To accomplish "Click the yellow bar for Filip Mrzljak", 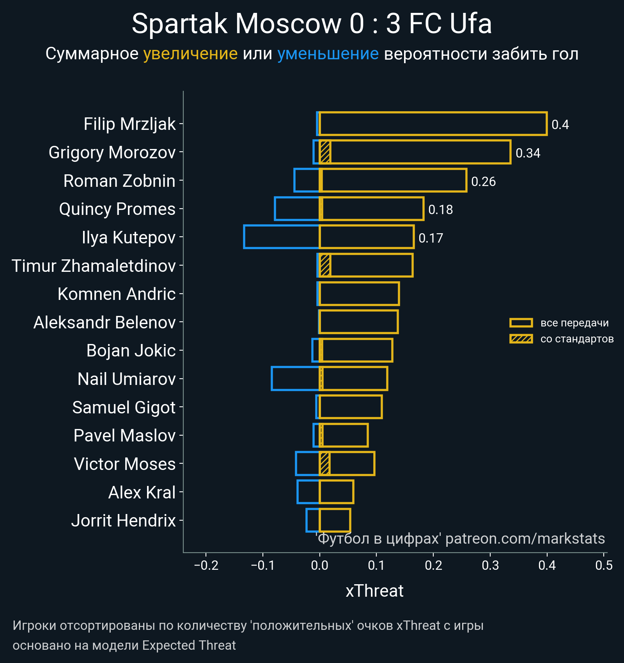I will point(433,124).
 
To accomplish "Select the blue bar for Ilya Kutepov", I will point(281,237).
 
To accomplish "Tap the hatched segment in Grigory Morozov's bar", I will point(325,152).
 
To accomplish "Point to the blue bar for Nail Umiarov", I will point(295,378).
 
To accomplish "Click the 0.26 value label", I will point(483,181).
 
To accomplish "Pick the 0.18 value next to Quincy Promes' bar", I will point(440,210).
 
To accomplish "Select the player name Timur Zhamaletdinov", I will point(94,266).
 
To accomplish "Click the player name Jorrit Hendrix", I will point(123,521).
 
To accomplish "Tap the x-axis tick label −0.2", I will point(206,565).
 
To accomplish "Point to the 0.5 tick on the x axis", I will point(604,565).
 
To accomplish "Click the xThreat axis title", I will point(374,591).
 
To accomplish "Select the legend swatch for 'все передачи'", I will point(521,323).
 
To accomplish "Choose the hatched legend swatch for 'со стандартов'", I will point(521,339).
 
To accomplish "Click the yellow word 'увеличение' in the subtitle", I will point(190,54).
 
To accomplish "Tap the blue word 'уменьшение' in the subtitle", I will point(328,54).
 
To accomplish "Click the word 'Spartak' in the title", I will point(179,24).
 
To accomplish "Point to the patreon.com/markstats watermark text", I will point(525,539).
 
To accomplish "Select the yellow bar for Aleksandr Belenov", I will point(358,322).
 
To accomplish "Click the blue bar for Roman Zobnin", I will point(307,180).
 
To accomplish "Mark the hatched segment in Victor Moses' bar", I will point(324,464).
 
